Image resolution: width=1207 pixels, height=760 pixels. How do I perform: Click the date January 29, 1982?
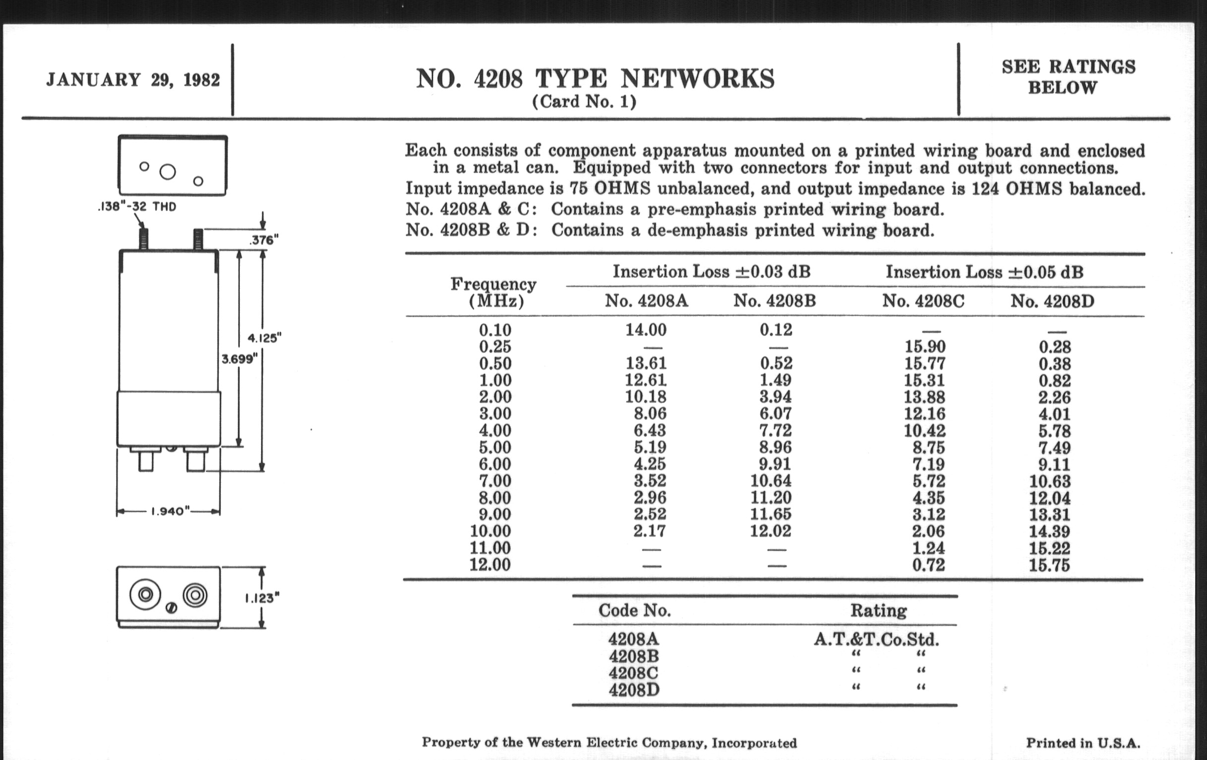(x=133, y=80)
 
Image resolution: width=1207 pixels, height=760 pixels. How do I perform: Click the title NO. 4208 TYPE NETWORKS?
(x=595, y=79)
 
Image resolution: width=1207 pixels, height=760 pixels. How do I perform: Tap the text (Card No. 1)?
(x=584, y=102)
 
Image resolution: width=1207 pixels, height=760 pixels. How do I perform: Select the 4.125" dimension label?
(x=265, y=338)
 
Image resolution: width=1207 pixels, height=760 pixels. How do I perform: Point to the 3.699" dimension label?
(x=240, y=359)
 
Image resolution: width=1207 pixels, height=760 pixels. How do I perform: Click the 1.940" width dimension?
(x=170, y=511)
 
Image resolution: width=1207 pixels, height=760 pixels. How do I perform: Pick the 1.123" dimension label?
(x=262, y=598)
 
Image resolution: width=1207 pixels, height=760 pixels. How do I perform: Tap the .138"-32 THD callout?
(x=137, y=207)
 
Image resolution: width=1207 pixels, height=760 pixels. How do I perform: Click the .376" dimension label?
(x=264, y=240)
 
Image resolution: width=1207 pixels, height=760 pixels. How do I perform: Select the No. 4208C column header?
(x=923, y=301)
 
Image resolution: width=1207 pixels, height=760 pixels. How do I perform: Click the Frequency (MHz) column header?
(x=494, y=293)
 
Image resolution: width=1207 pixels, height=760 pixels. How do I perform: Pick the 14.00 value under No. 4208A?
(x=646, y=330)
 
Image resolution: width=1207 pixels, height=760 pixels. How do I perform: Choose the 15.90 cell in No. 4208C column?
(x=925, y=347)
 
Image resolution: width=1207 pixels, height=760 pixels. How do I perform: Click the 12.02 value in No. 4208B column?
(x=770, y=531)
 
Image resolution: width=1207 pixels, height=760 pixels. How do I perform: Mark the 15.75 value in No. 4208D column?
(x=1049, y=565)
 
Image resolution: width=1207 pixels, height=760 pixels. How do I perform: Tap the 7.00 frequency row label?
(x=495, y=481)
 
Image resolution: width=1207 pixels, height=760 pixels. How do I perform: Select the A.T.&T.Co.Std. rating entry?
(x=876, y=640)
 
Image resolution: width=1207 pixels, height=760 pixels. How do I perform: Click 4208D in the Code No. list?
(x=634, y=690)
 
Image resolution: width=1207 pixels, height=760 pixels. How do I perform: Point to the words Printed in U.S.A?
(x=1083, y=743)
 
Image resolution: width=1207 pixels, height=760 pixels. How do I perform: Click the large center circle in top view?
(x=167, y=172)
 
